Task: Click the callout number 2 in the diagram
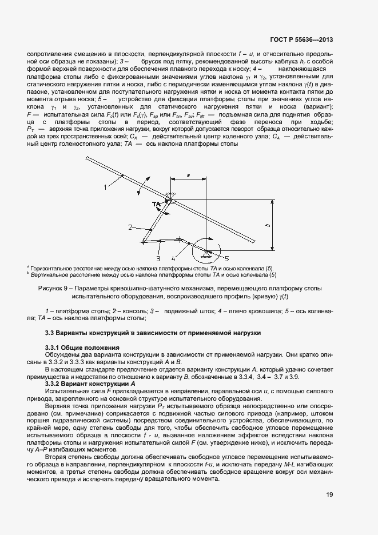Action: click(x=130, y=227)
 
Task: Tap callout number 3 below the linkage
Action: click(x=158, y=258)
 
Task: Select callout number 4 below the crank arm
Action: click(x=181, y=258)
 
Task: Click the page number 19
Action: click(x=329, y=495)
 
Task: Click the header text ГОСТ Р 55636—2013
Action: click(x=301, y=40)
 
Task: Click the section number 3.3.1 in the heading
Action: click(x=53, y=348)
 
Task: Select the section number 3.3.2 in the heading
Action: click(x=53, y=384)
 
